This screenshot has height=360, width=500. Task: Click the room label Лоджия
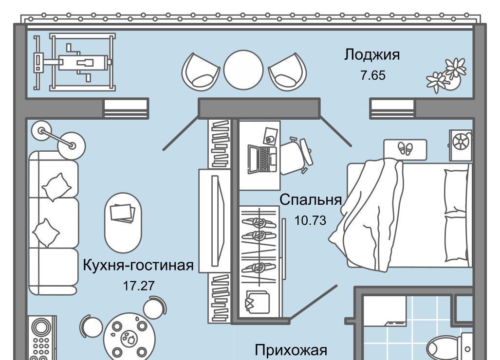click(372, 55)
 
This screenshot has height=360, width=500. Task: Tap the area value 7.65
click(373, 75)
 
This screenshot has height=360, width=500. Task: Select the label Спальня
click(310, 199)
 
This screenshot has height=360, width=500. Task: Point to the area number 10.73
click(310, 220)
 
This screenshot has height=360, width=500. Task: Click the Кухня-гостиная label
click(139, 266)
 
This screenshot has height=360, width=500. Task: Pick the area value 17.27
click(139, 286)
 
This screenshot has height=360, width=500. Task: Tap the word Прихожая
click(291, 350)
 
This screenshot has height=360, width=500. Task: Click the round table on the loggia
click(243, 70)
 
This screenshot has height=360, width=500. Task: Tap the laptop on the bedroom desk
click(262, 158)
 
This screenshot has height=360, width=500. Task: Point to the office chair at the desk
click(298, 155)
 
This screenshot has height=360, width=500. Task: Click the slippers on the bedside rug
click(405, 148)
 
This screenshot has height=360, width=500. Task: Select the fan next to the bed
click(460, 144)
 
